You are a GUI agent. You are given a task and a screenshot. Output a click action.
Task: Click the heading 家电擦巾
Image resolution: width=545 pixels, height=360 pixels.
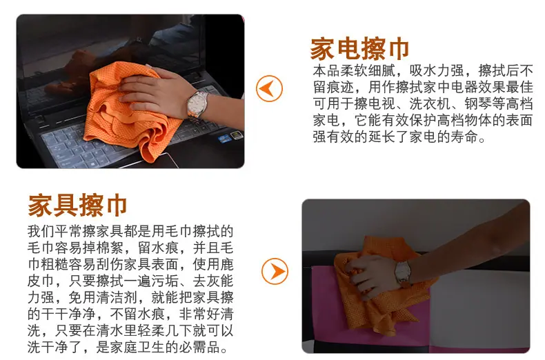coord(359,49)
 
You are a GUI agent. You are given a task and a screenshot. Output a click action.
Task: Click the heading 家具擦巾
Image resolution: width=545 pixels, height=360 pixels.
coord(77,205)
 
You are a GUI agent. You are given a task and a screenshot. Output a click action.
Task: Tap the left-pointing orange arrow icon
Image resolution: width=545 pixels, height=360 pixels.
coord(269,88)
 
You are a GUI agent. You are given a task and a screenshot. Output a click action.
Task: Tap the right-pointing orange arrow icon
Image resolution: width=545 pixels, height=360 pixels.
coord(275,272)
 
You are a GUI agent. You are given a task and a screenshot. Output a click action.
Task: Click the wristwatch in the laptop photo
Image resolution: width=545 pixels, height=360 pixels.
coord(197,106)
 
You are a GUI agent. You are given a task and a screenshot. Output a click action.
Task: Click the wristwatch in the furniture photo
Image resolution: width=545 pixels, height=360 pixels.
coord(403,272)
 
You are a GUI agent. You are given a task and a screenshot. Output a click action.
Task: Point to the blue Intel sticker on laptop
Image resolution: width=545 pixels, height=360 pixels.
coord(224,139)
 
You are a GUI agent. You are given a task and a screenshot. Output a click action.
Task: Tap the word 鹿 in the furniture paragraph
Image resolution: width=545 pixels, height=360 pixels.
coord(226,264)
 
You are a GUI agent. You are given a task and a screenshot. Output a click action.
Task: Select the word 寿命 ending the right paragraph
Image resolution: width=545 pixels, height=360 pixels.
coord(464,137)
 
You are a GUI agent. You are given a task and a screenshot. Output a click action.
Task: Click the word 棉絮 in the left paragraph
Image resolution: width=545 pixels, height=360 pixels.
coord(110,248)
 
